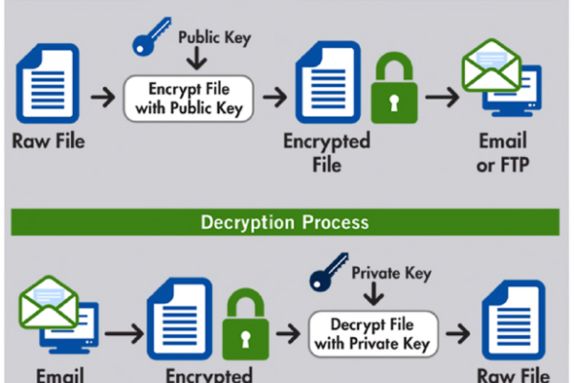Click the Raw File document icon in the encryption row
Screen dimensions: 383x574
(x=47, y=83)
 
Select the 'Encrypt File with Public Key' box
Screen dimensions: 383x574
(x=189, y=98)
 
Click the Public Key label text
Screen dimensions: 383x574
(x=215, y=38)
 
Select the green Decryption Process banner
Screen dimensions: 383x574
(x=286, y=223)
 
